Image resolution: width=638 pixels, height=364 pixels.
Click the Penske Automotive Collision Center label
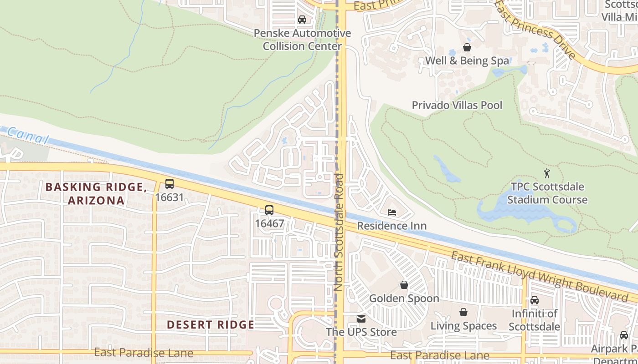(302, 40)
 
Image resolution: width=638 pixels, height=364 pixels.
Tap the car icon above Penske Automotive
(302, 20)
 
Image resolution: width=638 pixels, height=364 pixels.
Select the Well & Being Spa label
(467, 61)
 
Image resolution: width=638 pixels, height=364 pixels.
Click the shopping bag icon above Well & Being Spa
(467, 47)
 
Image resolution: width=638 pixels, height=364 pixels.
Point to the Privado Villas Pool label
(457, 105)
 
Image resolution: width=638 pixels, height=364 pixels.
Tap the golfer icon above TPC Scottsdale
(547, 173)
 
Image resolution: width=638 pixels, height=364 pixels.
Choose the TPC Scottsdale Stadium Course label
(547, 193)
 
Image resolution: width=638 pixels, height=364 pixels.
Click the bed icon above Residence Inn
(391, 212)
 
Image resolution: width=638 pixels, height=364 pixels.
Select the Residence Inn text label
(391, 226)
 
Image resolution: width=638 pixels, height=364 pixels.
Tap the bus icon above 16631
(169, 184)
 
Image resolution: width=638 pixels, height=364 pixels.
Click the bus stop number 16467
(269, 223)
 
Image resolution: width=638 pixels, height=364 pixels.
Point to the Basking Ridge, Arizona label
(96, 193)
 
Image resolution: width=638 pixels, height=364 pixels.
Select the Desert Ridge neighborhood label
(210, 324)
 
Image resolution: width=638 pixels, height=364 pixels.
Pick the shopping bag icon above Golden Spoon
(404, 285)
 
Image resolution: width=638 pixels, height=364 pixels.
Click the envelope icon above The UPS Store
(361, 318)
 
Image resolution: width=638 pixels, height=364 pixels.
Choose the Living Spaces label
(463, 326)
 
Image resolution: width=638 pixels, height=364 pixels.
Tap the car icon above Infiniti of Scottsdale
(534, 300)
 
